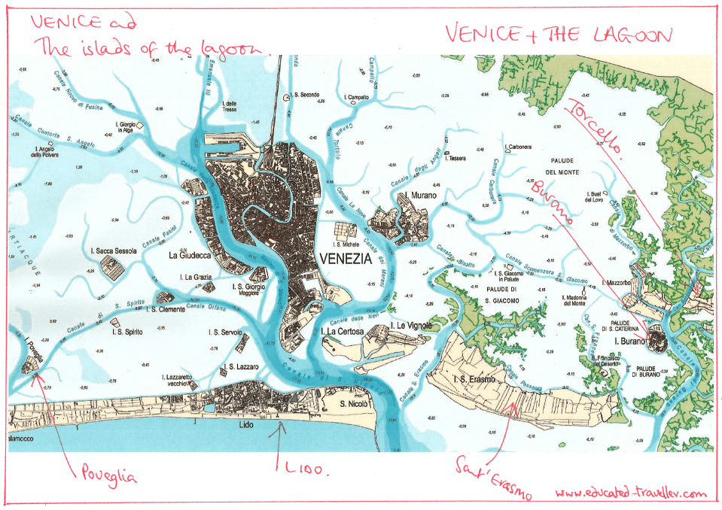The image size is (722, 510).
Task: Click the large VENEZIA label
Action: [346, 258]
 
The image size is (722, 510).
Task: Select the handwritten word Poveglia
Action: [106, 475]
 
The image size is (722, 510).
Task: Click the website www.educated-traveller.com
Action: [631, 493]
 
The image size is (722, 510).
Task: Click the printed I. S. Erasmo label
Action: [474, 378]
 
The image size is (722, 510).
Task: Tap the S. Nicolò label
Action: [353, 404]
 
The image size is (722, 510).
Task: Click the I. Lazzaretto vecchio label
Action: [179, 381]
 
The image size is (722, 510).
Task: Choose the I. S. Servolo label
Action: [225, 332]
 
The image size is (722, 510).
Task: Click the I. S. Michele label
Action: [347, 244]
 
